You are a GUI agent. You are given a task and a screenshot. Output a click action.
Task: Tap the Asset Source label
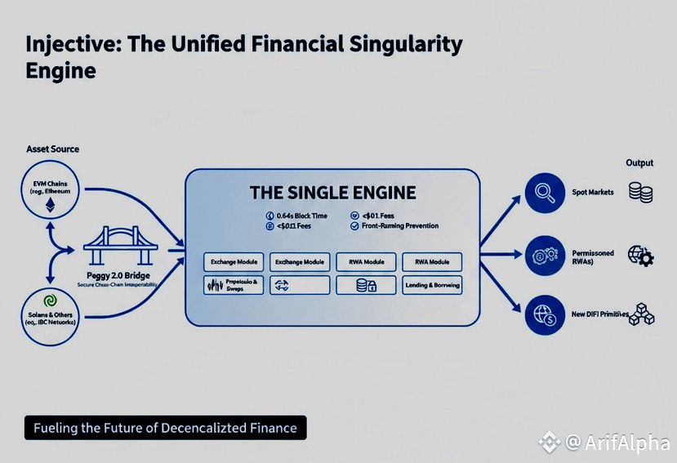52,149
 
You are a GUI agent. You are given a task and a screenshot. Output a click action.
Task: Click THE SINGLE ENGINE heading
332,194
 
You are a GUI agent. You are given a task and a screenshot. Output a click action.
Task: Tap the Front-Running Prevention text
400,225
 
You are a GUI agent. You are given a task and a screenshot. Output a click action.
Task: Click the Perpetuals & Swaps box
233,285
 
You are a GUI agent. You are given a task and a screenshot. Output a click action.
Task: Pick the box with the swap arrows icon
299,285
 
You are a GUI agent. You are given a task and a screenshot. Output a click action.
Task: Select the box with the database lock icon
366,285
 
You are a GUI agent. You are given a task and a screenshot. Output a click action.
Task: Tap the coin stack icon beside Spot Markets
640,193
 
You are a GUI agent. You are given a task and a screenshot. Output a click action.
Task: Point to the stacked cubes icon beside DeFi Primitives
641,314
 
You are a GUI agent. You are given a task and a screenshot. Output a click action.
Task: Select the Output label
639,162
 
